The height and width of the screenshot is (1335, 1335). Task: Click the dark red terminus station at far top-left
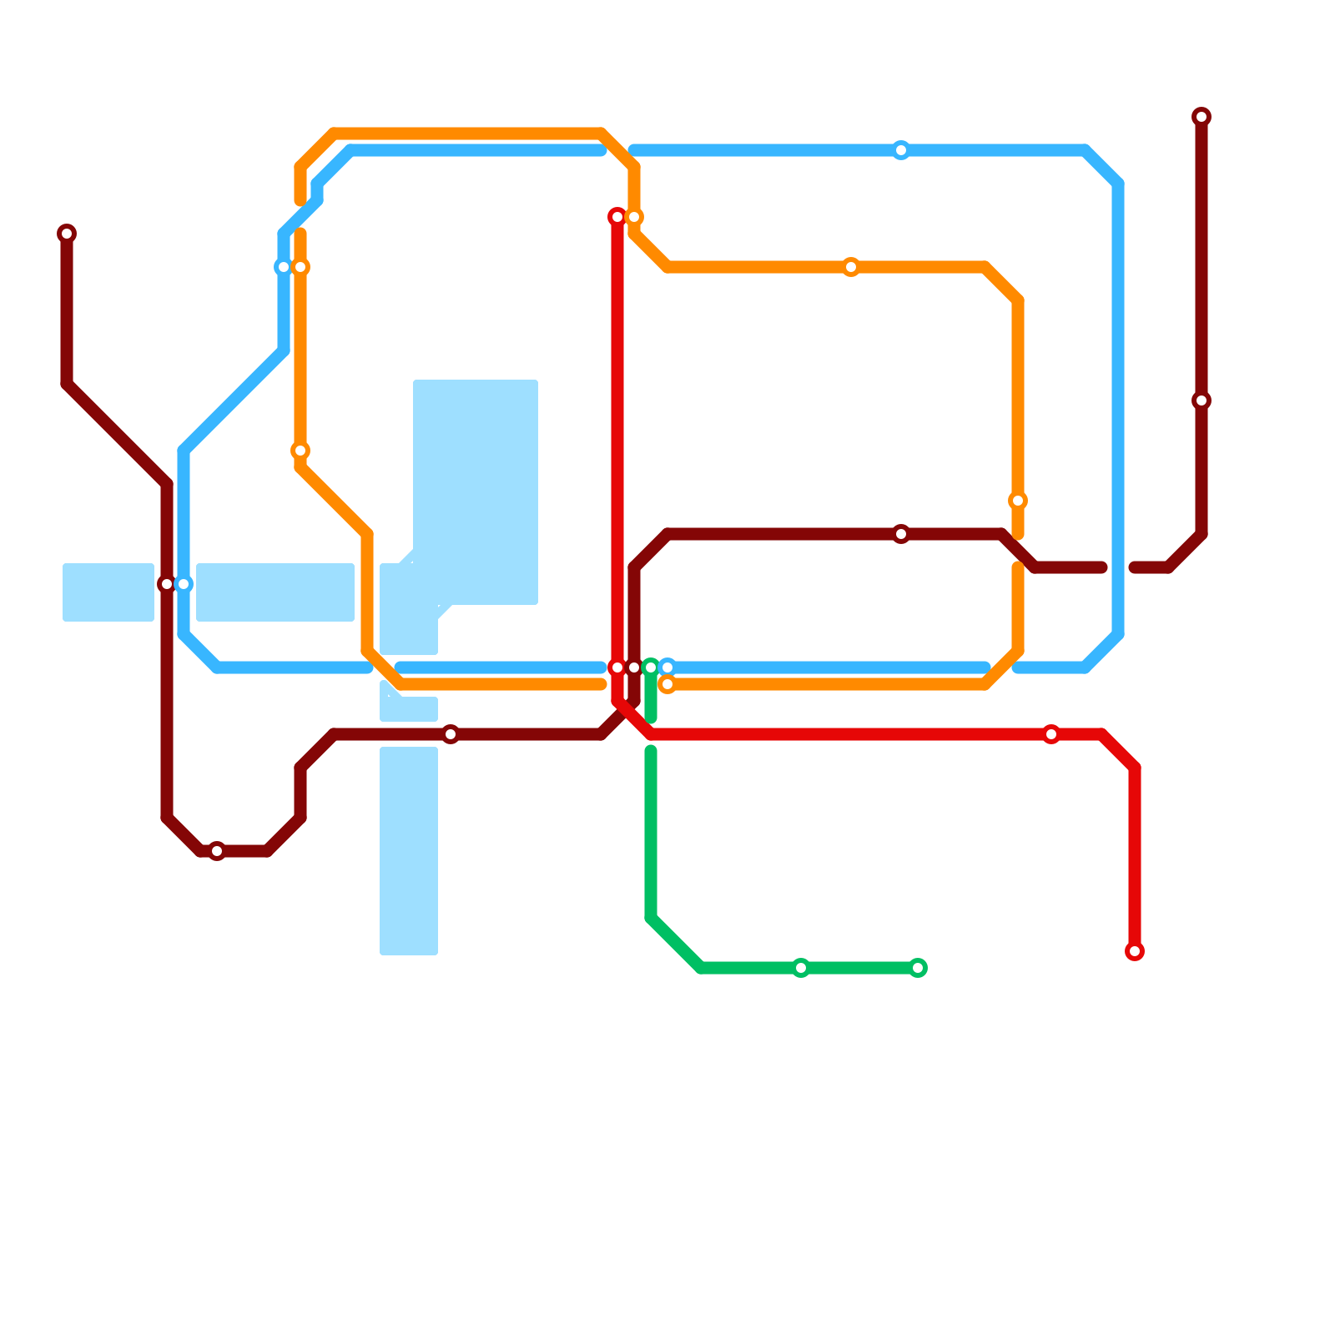pos(67,234)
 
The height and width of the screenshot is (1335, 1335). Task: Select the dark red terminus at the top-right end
pos(1201,117)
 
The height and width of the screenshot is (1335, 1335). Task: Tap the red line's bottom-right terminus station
pos(1135,951)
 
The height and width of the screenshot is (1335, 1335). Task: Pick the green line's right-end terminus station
pos(918,968)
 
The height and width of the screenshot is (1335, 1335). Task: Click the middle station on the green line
pos(801,968)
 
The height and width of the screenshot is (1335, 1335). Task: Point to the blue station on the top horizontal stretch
pos(901,150)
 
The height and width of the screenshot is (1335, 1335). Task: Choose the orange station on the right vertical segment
pos(1018,501)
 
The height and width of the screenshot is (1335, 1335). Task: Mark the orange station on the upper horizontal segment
pos(851,267)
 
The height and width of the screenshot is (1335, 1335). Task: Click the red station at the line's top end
pos(617,217)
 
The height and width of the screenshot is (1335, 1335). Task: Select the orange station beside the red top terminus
pos(634,217)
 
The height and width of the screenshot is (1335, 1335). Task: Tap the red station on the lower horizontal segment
pos(1051,734)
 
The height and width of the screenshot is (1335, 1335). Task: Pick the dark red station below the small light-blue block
pos(451,734)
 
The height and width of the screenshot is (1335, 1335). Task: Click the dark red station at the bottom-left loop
pos(217,851)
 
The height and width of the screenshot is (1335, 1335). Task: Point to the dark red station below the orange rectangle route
pos(901,534)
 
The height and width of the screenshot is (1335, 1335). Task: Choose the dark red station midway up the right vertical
pos(1201,400)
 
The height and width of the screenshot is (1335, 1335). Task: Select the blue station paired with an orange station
pos(284,267)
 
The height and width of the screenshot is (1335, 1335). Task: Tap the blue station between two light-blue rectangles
pos(184,584)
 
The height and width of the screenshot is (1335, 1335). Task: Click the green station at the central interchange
pos(651,667)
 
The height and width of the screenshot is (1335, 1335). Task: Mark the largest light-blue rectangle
pos(476,492)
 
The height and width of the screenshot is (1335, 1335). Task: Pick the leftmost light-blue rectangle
pos(108,592)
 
